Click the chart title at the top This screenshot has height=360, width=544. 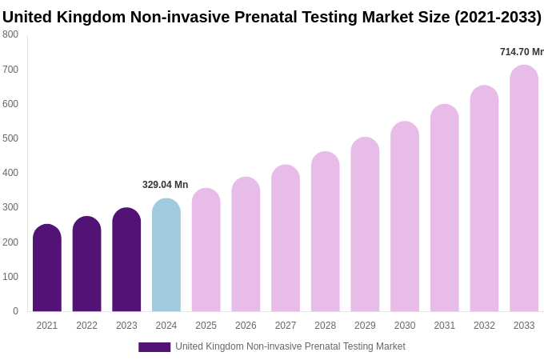(272, 17)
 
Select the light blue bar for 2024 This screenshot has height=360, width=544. (166, 256)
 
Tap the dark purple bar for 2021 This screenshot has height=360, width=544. (47, 269)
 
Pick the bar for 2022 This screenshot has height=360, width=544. (86, 265)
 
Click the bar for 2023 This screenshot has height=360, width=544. (126, 261)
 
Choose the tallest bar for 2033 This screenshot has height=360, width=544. (524, 189)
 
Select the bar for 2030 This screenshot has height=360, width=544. (405, 217)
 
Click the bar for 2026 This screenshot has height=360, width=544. (246, 245)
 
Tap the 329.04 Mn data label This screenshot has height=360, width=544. (166, 185)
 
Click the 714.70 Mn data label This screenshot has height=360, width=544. (522, 52)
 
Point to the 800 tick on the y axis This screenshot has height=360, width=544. (10, 34)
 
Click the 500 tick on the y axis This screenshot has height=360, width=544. (10, 138)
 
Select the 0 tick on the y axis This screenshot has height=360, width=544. (15, 311)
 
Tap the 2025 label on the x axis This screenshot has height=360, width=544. (206, 326)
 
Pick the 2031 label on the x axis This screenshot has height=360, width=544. (445, 326)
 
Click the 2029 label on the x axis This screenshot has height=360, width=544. (365, 326)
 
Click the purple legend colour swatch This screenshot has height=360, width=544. (154, 347)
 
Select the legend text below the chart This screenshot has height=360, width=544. (290, 346)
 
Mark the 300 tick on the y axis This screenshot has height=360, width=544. (10, 207)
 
